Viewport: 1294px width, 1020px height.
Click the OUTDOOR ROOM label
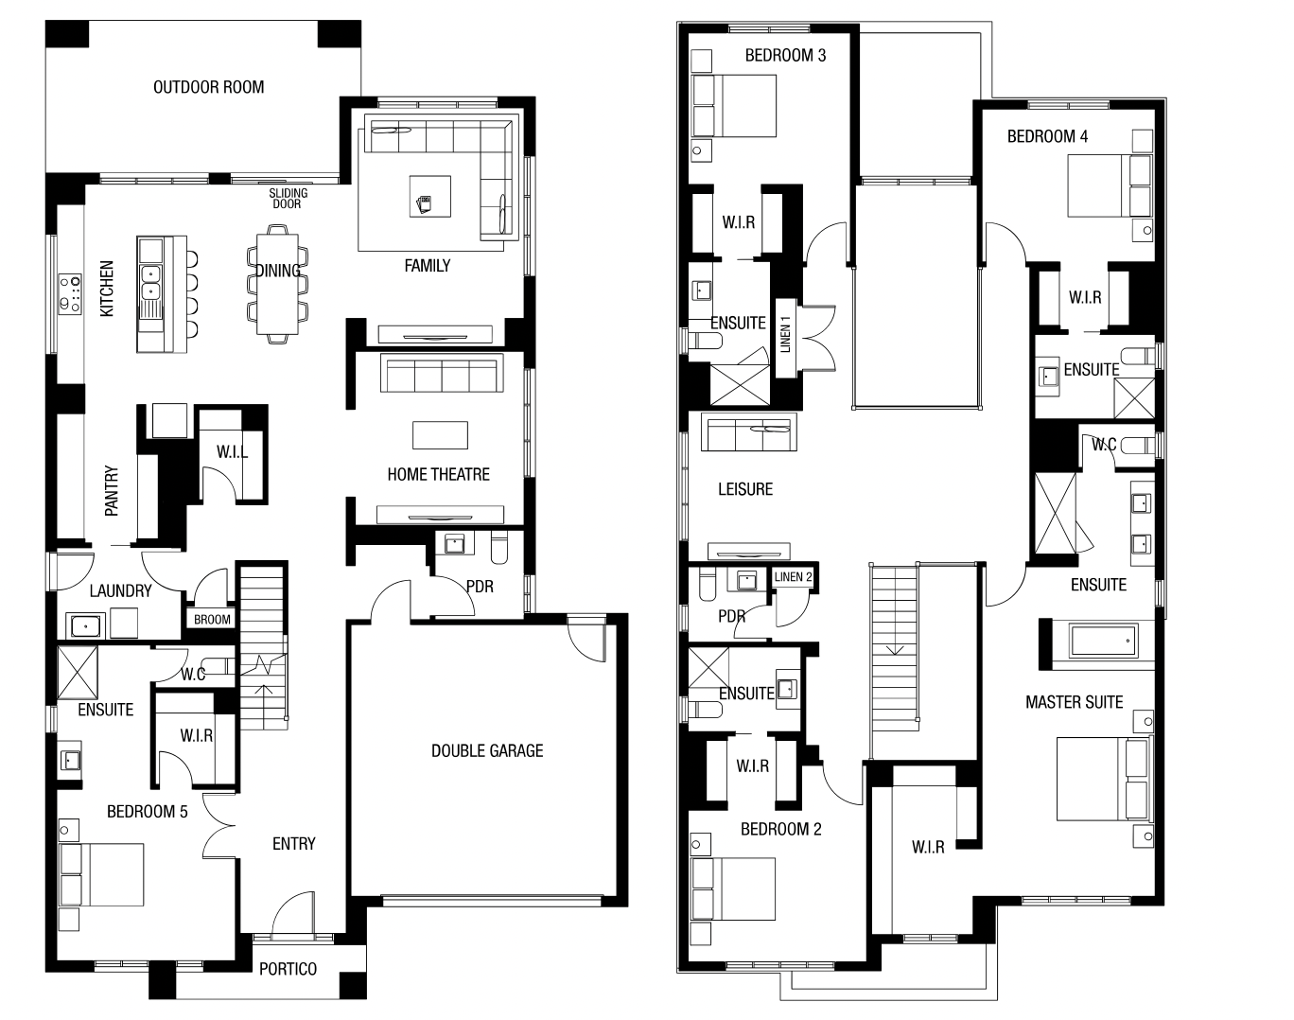209,87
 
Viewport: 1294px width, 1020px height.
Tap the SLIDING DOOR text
288,199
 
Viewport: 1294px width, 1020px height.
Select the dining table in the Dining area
277,284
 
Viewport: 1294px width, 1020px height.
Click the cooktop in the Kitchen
70,293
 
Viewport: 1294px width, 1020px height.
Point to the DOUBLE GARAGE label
487,750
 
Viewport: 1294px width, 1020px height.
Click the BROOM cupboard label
212,620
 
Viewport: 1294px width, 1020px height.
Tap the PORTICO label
288,969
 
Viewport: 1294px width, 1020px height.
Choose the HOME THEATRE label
438,474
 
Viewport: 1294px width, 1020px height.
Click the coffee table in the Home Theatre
440,435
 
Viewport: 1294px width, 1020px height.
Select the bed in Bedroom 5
101,874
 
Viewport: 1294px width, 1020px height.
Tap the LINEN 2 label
793,577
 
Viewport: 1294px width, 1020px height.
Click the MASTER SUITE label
1075,702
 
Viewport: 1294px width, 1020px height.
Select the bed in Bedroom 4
1110,185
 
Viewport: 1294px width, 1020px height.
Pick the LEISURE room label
745,489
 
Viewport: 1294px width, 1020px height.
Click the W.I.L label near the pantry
232,451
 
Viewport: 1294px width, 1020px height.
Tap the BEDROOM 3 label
785,55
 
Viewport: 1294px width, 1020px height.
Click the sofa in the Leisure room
748,431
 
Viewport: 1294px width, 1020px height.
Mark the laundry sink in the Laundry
86,625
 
